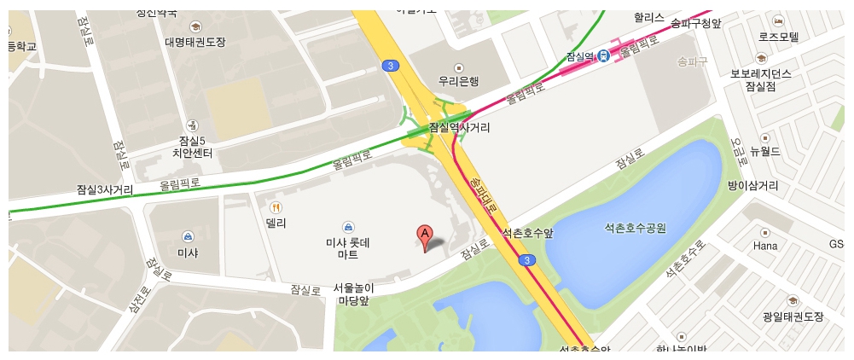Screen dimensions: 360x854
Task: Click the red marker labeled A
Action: point(424,236)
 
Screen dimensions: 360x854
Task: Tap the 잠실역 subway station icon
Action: point(604,55)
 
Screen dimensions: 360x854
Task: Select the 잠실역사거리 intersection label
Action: point(459,128)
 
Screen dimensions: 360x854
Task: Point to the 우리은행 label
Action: point(458,82)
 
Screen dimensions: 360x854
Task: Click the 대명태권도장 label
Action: point(195,41)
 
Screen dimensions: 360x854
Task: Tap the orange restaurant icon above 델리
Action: point(275,207)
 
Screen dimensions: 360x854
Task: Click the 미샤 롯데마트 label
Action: point(348,248)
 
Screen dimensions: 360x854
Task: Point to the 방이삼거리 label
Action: point(752,185)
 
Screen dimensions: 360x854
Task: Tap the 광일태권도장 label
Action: point(793,316)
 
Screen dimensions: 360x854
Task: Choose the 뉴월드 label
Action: point(765,151)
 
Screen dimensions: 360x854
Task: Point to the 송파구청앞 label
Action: point(696,23)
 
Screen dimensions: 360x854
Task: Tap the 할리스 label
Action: point(648,16)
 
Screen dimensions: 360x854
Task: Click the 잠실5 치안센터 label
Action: point(192,147)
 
